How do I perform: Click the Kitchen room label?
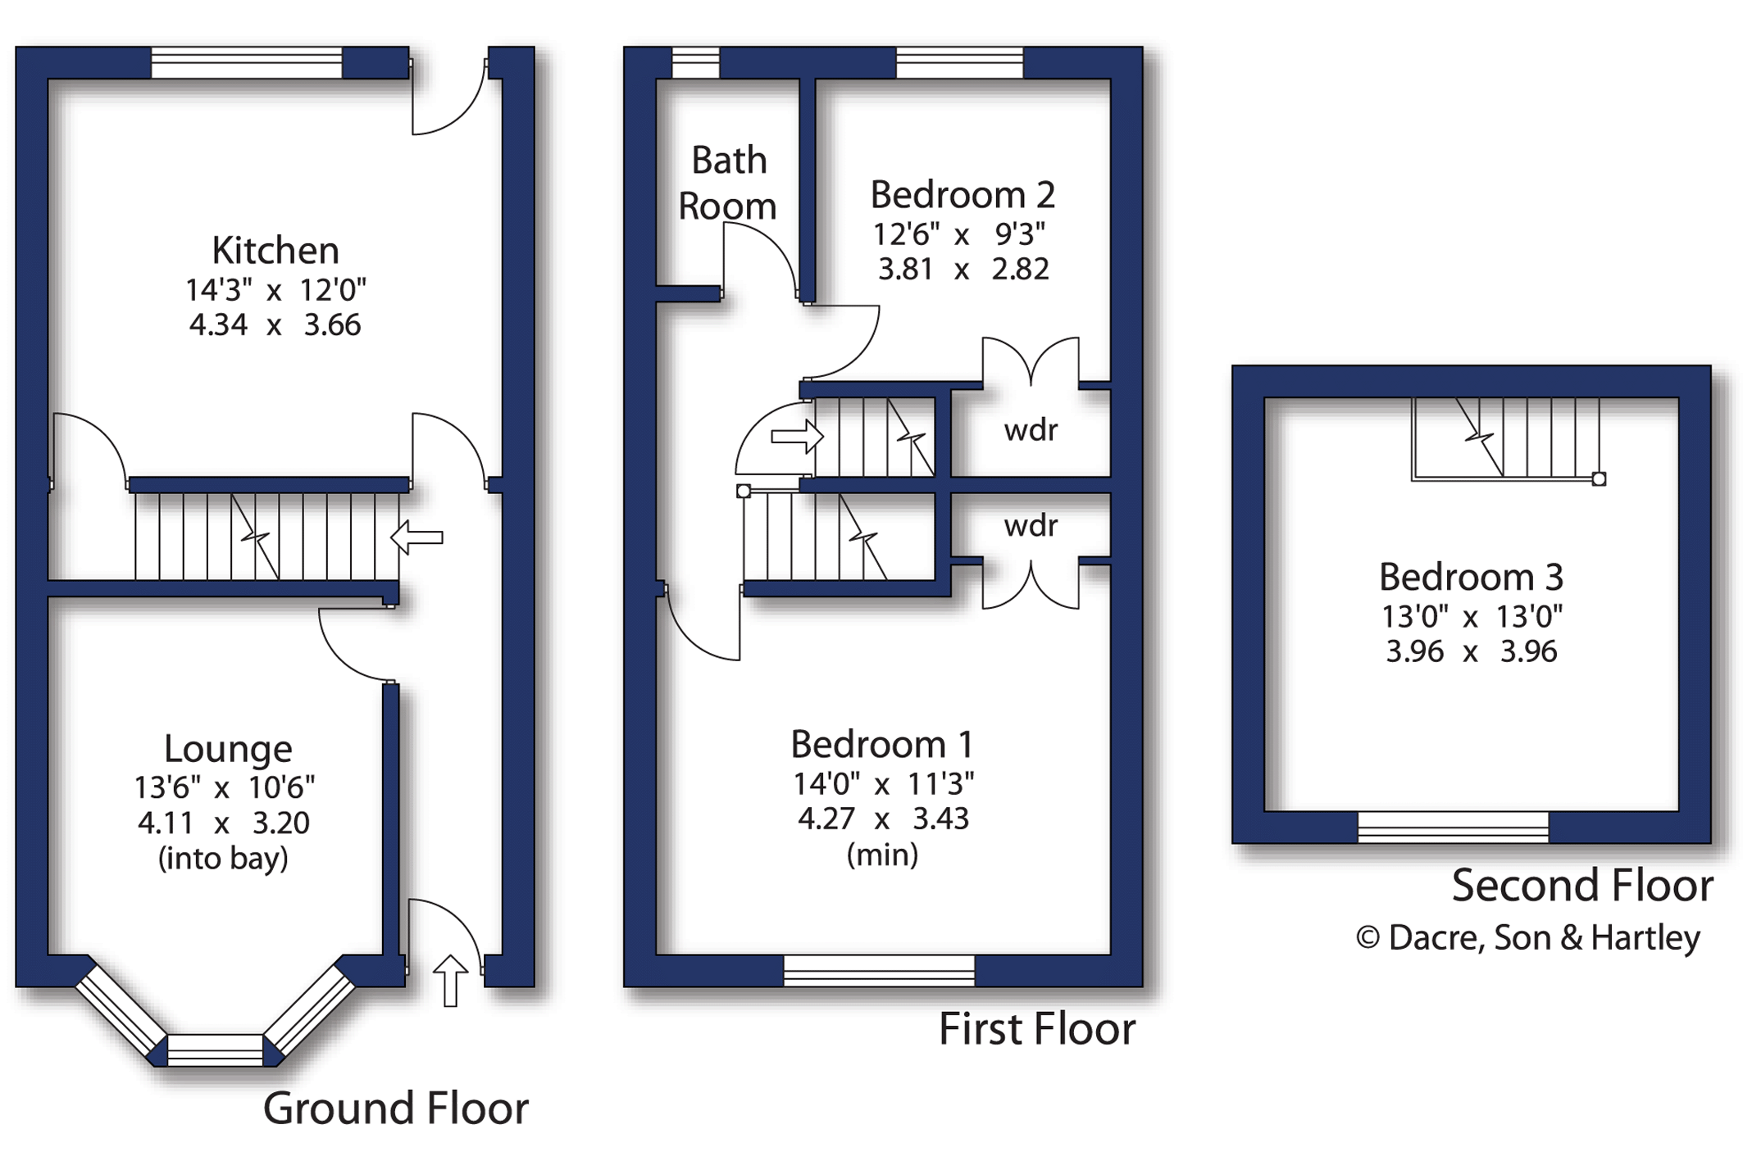click(275, 251)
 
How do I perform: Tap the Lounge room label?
click(228, 749)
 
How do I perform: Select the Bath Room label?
click(728, 183)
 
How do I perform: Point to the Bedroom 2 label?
click(963, 195)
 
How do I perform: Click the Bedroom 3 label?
click(1472, 578)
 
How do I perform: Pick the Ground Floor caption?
click(396, 1109)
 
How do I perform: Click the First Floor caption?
click(1037, 1029)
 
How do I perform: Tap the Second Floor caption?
click(1582, 886)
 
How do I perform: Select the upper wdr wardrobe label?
click(1031, 430)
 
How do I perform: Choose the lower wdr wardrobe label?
click(1031, 526)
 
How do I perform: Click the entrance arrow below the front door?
click(450, 980)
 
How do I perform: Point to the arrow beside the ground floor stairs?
click(416, 537)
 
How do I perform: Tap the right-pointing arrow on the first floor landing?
click(797, 437)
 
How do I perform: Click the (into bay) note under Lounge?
click(223, 859)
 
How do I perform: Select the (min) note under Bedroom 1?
click(882, 855)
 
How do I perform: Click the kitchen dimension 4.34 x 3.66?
click(275, 325)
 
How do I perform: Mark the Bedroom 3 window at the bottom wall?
click(1453, 828)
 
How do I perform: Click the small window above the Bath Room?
click(696, 63)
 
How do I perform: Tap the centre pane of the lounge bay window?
click(215, 1050)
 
